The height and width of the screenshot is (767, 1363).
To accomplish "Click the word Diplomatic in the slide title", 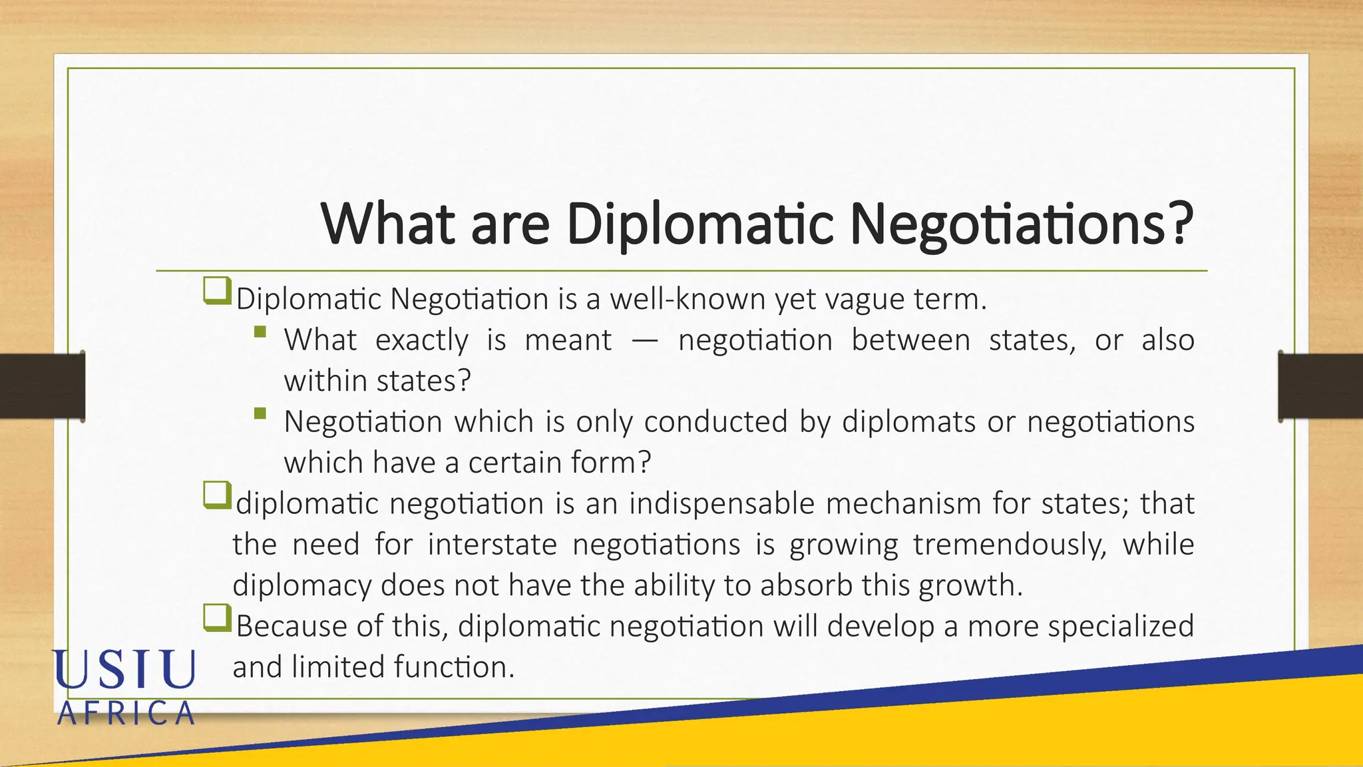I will [699, 224].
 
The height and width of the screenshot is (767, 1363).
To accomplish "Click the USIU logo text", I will [124, 669].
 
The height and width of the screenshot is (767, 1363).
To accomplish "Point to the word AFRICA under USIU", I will [126, 714].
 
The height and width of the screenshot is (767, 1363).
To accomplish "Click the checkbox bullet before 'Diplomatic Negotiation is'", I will [216, 292].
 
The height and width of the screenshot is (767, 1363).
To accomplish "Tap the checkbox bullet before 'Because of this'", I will [216, 619].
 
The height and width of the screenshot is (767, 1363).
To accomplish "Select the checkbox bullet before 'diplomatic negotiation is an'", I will [216, 496].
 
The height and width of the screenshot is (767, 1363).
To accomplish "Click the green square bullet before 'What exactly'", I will [260, 332].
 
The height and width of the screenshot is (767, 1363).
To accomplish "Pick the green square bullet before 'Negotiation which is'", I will [260, 413].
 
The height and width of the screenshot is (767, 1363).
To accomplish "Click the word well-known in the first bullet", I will [687, 299].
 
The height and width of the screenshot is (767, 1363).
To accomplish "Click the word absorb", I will [806, 586].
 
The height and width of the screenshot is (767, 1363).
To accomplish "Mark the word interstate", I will [492, 545].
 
